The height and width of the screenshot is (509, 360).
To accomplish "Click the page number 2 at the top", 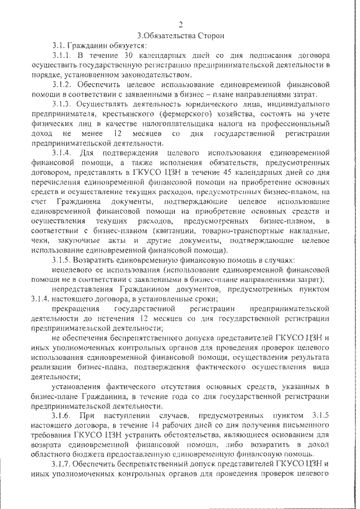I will click(181, 24).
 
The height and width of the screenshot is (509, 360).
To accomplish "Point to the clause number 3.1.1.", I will click(61, 56).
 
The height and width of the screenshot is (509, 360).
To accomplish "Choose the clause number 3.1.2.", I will click(61, 85).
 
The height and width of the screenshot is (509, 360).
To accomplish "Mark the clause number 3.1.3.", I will click(61, 105).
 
